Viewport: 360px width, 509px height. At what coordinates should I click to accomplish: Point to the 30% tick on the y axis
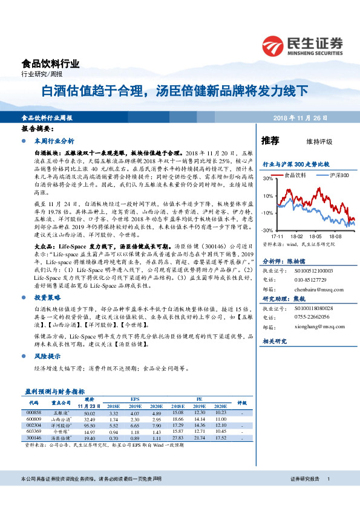pyautogui.click(x=267, y=180)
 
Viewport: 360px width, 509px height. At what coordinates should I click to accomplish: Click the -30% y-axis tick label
pyautogui.click(x=267, y=231)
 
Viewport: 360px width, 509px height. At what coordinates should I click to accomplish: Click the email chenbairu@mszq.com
pyautogui.click(x=314, y=290)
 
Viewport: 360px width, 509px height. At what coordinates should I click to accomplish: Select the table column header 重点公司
pyautogui.click(x=61, y=402)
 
